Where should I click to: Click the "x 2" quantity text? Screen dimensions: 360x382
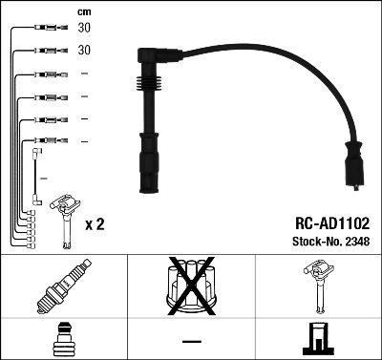95,224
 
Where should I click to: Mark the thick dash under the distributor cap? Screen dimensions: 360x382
191,341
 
